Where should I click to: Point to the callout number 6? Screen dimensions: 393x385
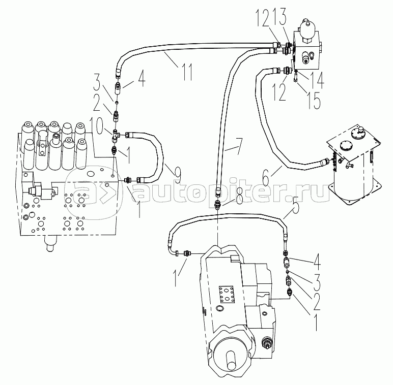pyautogui.click(x=266, y=177)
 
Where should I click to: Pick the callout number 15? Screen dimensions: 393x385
pyautogui.click(x=315, y=100)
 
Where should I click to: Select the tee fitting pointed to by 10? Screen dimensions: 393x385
pyautogui.click(x=116, y=136)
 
